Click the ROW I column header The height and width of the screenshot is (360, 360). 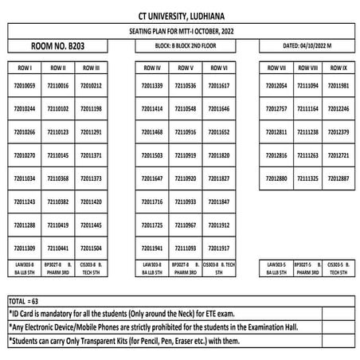[25, 68]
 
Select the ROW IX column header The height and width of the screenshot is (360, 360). [338, 68]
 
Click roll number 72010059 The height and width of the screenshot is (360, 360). [25, 85]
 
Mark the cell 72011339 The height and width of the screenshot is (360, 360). [151, 85]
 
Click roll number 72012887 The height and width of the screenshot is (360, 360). [338, 178]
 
